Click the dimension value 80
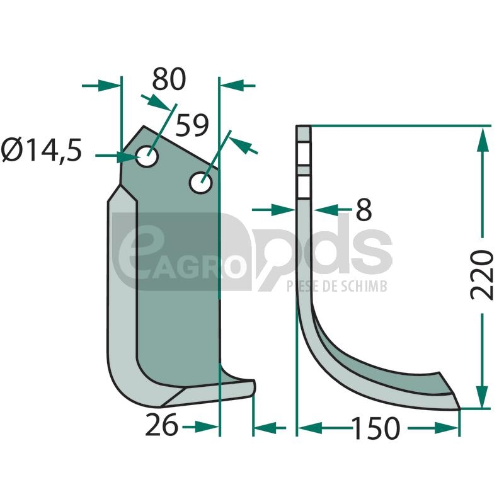click(169, 79)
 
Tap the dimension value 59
click(192, 125)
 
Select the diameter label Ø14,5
click(41, 151)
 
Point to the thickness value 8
click(364, 210)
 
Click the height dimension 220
click(481, 275)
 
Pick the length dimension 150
click(376, 428)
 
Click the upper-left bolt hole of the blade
click(147, 156)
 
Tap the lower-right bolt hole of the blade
click(201, 183)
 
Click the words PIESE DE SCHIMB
click(337, 286)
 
